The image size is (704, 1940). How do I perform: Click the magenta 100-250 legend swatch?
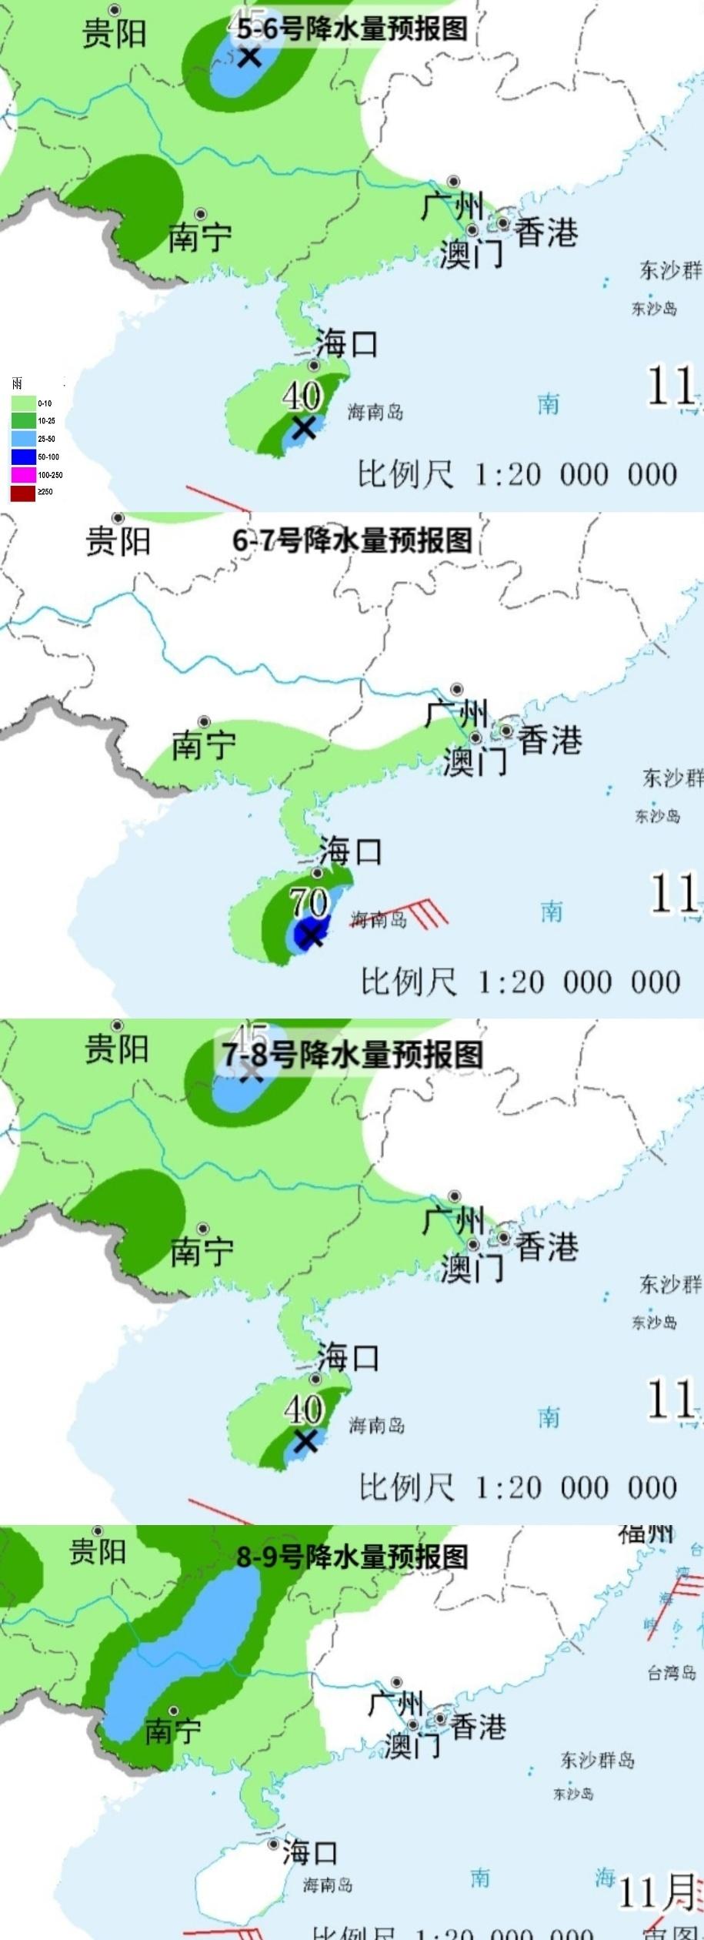point(23,475)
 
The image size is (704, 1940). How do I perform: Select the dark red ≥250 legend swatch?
point(23,493)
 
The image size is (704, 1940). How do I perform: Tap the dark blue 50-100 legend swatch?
point(23,457)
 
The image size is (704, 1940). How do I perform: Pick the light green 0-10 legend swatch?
point(23,403)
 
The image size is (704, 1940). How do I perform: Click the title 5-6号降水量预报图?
point(352,29)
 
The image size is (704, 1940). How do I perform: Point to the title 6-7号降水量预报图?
point(352,540)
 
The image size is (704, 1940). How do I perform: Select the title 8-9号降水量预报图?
point(352,1557)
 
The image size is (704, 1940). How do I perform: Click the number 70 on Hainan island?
point(309,901)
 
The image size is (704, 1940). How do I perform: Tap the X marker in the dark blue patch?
point(311,935)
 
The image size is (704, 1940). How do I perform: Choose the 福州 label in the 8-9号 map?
point(646,1533)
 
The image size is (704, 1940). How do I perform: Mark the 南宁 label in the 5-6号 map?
point(200,237)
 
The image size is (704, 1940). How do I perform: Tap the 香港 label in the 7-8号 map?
point(546,1246)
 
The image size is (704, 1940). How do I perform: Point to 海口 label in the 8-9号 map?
point(309,1852)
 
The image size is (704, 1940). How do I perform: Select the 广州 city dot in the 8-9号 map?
point(396,1683)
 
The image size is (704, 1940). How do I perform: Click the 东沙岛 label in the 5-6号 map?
point(654,309)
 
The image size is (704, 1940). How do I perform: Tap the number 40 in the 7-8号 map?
point(302,1410)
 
